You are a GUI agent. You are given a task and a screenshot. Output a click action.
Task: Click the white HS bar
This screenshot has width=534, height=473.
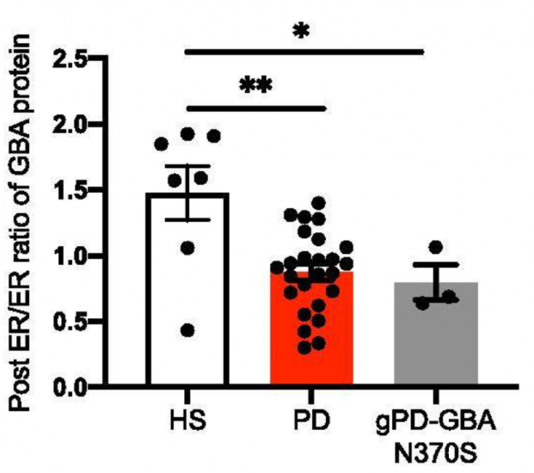point(186,292)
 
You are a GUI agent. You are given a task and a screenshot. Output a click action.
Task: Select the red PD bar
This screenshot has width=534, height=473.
point(310,331)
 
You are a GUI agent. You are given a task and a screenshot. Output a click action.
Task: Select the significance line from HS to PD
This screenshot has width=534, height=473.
point(255,108)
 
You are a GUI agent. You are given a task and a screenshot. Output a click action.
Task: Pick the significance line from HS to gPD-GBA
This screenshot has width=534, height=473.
point(305,52)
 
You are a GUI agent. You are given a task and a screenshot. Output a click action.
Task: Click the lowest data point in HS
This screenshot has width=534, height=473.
point(187,330)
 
